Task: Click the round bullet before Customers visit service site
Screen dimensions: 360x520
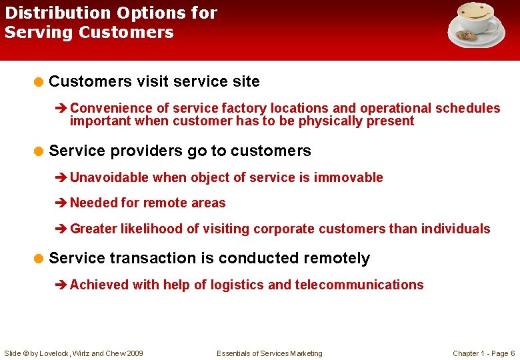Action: tap(39, 82)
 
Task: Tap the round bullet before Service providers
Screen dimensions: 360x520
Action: tap(39, 151)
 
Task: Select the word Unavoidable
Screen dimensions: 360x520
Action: tap(110, 177)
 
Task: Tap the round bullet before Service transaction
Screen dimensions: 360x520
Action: tap(39, 259)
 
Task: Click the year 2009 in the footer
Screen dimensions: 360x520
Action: tap(134, 353)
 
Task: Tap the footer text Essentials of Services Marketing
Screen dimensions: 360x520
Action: tap(269, 353)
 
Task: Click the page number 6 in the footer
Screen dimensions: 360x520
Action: tap(512, 353)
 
